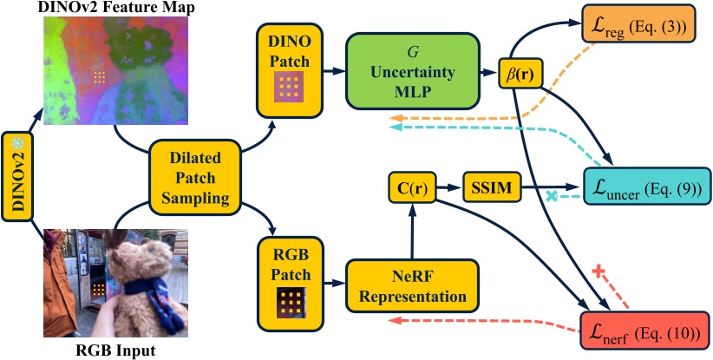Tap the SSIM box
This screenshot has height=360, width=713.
(492, 187)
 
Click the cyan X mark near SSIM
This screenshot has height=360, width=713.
(550, 197)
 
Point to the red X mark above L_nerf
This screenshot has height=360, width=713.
(597, 271)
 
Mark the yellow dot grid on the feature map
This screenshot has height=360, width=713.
(101, 77)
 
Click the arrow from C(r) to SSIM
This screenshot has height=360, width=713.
(448, 187)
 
